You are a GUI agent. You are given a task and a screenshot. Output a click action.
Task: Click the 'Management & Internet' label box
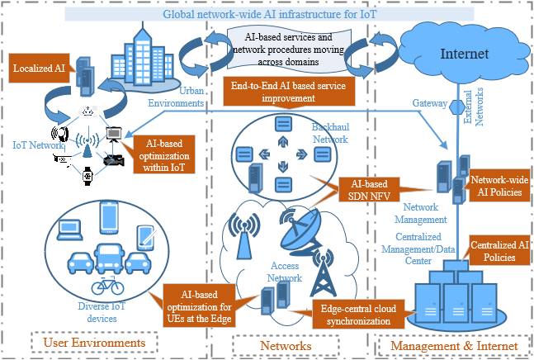coord(453,343)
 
